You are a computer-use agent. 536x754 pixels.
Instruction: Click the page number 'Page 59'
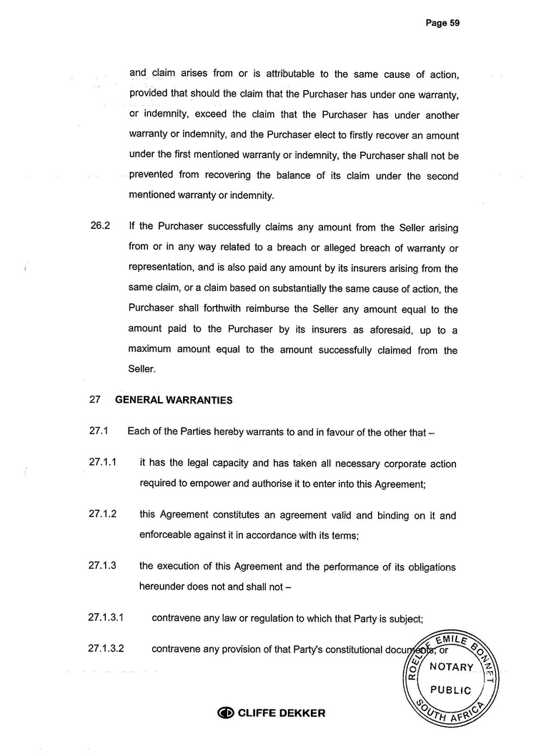coord(442,23)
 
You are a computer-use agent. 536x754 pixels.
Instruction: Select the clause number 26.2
coord(100,227)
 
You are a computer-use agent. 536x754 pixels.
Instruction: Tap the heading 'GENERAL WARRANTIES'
coord(174,401)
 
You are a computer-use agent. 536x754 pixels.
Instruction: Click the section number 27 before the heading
coord(95,401)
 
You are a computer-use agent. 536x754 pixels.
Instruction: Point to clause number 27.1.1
coord(103,463)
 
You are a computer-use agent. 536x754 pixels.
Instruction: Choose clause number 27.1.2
coord(103,514)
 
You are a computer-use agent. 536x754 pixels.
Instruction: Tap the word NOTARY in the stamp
coord(451,667)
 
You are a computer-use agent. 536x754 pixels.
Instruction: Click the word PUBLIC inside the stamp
coord(451,690)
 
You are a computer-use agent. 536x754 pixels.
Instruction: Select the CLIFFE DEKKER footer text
coord(281,713)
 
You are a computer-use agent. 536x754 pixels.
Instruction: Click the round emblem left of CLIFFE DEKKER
coord(225,713)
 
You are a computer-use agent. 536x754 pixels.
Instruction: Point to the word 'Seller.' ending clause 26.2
coord(142,370)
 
